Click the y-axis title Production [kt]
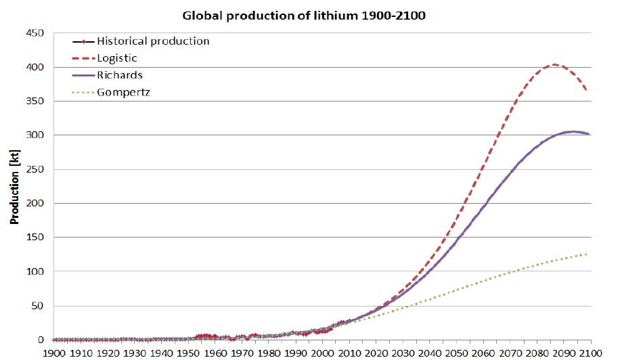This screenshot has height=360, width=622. tap(13, 187)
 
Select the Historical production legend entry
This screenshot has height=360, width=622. tap(153, 41)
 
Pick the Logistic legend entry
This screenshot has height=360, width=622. tap(117, 58)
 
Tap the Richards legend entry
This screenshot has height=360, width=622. tap(120, 75)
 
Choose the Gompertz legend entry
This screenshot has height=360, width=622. tap(123, 91)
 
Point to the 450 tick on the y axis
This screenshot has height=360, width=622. tap(35, 33)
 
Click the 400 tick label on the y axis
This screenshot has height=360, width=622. tap(35, 67)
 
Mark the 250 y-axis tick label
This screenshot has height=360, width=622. tap(35, 169)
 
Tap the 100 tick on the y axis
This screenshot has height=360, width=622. tap(35, 271)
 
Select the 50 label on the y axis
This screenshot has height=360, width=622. tap(38, 306)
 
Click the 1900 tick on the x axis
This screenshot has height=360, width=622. tap(55, 353)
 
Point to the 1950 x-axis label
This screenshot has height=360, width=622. tap(189, 353)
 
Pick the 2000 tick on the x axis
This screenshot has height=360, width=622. tap(323, 353)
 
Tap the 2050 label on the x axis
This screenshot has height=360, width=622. tap(457, 353)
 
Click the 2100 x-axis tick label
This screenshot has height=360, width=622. tap(591, 353)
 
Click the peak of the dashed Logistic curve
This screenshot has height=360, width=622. tap(554, 65)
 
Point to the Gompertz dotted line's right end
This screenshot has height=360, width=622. tap(586, 254)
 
